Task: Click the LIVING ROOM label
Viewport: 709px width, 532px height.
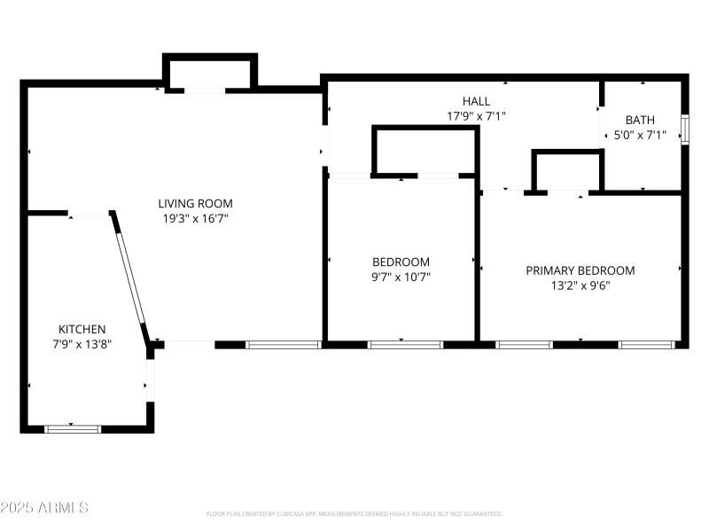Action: coord(195,203)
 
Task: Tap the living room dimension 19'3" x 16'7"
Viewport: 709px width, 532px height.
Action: coord(195,218)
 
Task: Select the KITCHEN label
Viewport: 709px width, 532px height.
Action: coord(82,329)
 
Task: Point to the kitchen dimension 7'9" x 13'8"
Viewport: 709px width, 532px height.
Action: coord(82,344)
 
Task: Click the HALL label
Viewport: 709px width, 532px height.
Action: coord(476,101)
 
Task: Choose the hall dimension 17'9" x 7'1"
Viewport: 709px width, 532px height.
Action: coord(476,116)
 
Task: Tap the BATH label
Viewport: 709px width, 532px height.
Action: coord(640,120)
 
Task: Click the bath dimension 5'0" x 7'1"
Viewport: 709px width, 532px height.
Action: coord(640,136)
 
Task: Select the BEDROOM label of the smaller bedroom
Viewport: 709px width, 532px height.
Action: coord(401,262)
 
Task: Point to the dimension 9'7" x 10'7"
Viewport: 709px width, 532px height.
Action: coord(401,277)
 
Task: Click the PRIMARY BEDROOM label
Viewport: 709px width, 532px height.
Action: coord(580,270)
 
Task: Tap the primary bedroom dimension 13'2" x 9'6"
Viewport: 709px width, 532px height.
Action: coord(580,286)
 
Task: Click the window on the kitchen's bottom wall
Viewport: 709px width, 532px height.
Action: coord(73,429)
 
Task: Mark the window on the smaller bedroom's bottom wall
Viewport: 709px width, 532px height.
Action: coord(405,344)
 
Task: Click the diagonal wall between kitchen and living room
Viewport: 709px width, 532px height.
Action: coord(131,274)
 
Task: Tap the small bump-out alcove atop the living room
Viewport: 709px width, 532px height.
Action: coord(210,73)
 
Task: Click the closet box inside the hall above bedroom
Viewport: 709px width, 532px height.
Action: coord(425,151)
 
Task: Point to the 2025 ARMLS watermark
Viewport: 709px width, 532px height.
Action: coord(44,508)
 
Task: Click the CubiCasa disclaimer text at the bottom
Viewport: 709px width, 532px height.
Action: coord(354,513)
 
